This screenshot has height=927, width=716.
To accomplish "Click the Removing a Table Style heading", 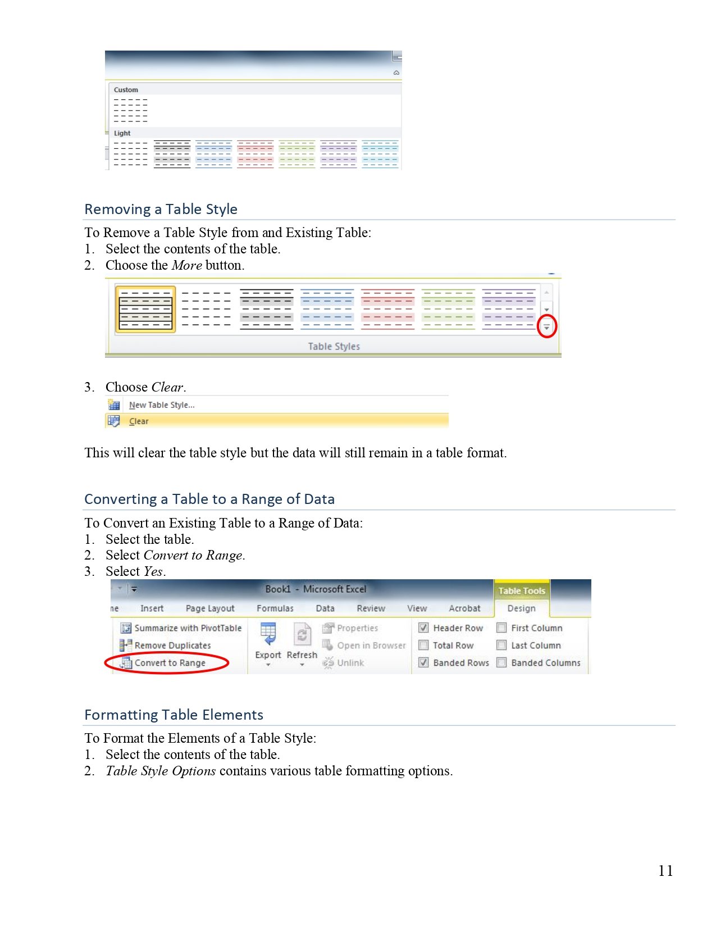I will coord(161,209).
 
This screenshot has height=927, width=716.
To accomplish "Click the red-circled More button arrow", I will coord(546,326).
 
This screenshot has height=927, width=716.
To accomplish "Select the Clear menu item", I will coord(139,421).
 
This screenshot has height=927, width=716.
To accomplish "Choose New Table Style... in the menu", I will coord(162,405).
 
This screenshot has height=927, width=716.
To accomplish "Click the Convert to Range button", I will coord(170,663).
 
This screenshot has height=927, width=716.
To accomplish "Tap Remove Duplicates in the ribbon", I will coord(172,646).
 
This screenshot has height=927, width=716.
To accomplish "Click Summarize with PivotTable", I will coord(188,628).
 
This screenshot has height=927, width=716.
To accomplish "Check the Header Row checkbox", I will coord(424,628).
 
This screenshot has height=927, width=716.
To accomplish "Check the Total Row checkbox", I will coord(424,646).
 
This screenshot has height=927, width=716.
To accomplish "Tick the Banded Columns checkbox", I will coord(502,663).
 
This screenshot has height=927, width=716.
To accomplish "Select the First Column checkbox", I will coord(502,628).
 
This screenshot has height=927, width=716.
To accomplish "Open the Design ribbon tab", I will coord(521,608).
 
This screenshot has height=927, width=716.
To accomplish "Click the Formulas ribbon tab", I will coord(275,608).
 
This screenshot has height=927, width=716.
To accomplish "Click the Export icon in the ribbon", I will coord(268,635).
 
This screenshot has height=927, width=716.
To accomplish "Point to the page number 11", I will coord(665,871).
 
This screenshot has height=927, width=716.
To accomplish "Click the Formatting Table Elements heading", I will coord(174,715).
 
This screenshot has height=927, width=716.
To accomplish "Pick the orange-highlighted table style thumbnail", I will coord(145,310).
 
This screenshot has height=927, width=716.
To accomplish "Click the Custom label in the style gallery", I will coord(126,90).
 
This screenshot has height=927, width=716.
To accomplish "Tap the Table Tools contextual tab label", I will coord(522,591).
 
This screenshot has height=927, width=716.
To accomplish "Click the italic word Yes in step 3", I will coord(153,571).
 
